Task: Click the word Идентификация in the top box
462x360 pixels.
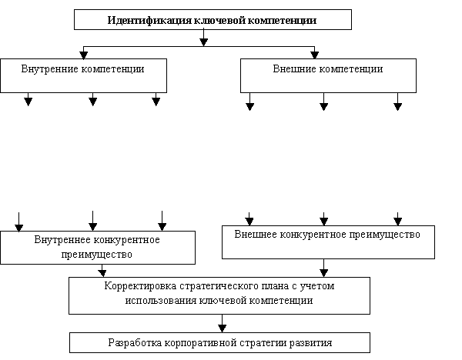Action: pos(150,20)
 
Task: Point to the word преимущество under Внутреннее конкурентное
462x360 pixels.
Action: pos(97,255)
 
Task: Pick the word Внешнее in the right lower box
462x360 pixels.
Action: pos(256,235)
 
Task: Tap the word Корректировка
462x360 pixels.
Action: pos(140,286)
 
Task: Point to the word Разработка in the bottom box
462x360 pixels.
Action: pos(135,343)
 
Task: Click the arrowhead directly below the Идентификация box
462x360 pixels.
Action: pos(203,42)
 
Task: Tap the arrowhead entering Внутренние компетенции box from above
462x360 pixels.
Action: pos(84,55)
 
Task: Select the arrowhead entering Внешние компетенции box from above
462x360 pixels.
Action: pos(315,55)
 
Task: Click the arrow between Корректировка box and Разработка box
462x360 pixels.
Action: pos(223,324)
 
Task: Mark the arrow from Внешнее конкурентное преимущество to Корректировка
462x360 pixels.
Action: pos(324,268)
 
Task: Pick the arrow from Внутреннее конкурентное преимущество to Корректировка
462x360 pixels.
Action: pos(102,271)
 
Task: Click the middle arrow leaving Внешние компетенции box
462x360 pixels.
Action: pos(324,102)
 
